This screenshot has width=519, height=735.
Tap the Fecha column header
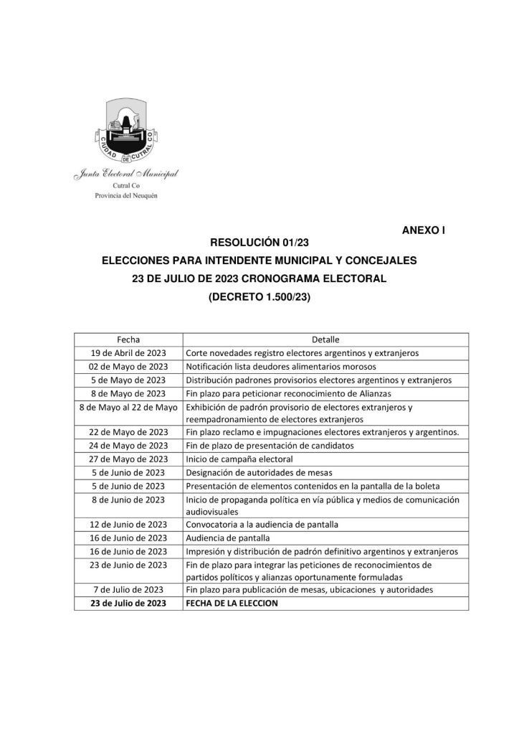128,340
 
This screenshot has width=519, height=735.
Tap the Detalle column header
325,340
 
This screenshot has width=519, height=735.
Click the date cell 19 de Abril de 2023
128,353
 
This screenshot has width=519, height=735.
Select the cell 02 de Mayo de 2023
128,366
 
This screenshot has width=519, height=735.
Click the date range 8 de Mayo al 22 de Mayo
128,406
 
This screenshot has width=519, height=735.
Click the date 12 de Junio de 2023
128,525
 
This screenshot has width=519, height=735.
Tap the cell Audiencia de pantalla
229,538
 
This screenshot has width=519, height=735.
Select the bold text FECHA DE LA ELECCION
232,604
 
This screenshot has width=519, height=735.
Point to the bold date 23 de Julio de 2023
128,604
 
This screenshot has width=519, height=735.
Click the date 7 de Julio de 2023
128,590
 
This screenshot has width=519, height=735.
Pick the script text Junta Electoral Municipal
126,174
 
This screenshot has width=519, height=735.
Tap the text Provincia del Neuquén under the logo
126,195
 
